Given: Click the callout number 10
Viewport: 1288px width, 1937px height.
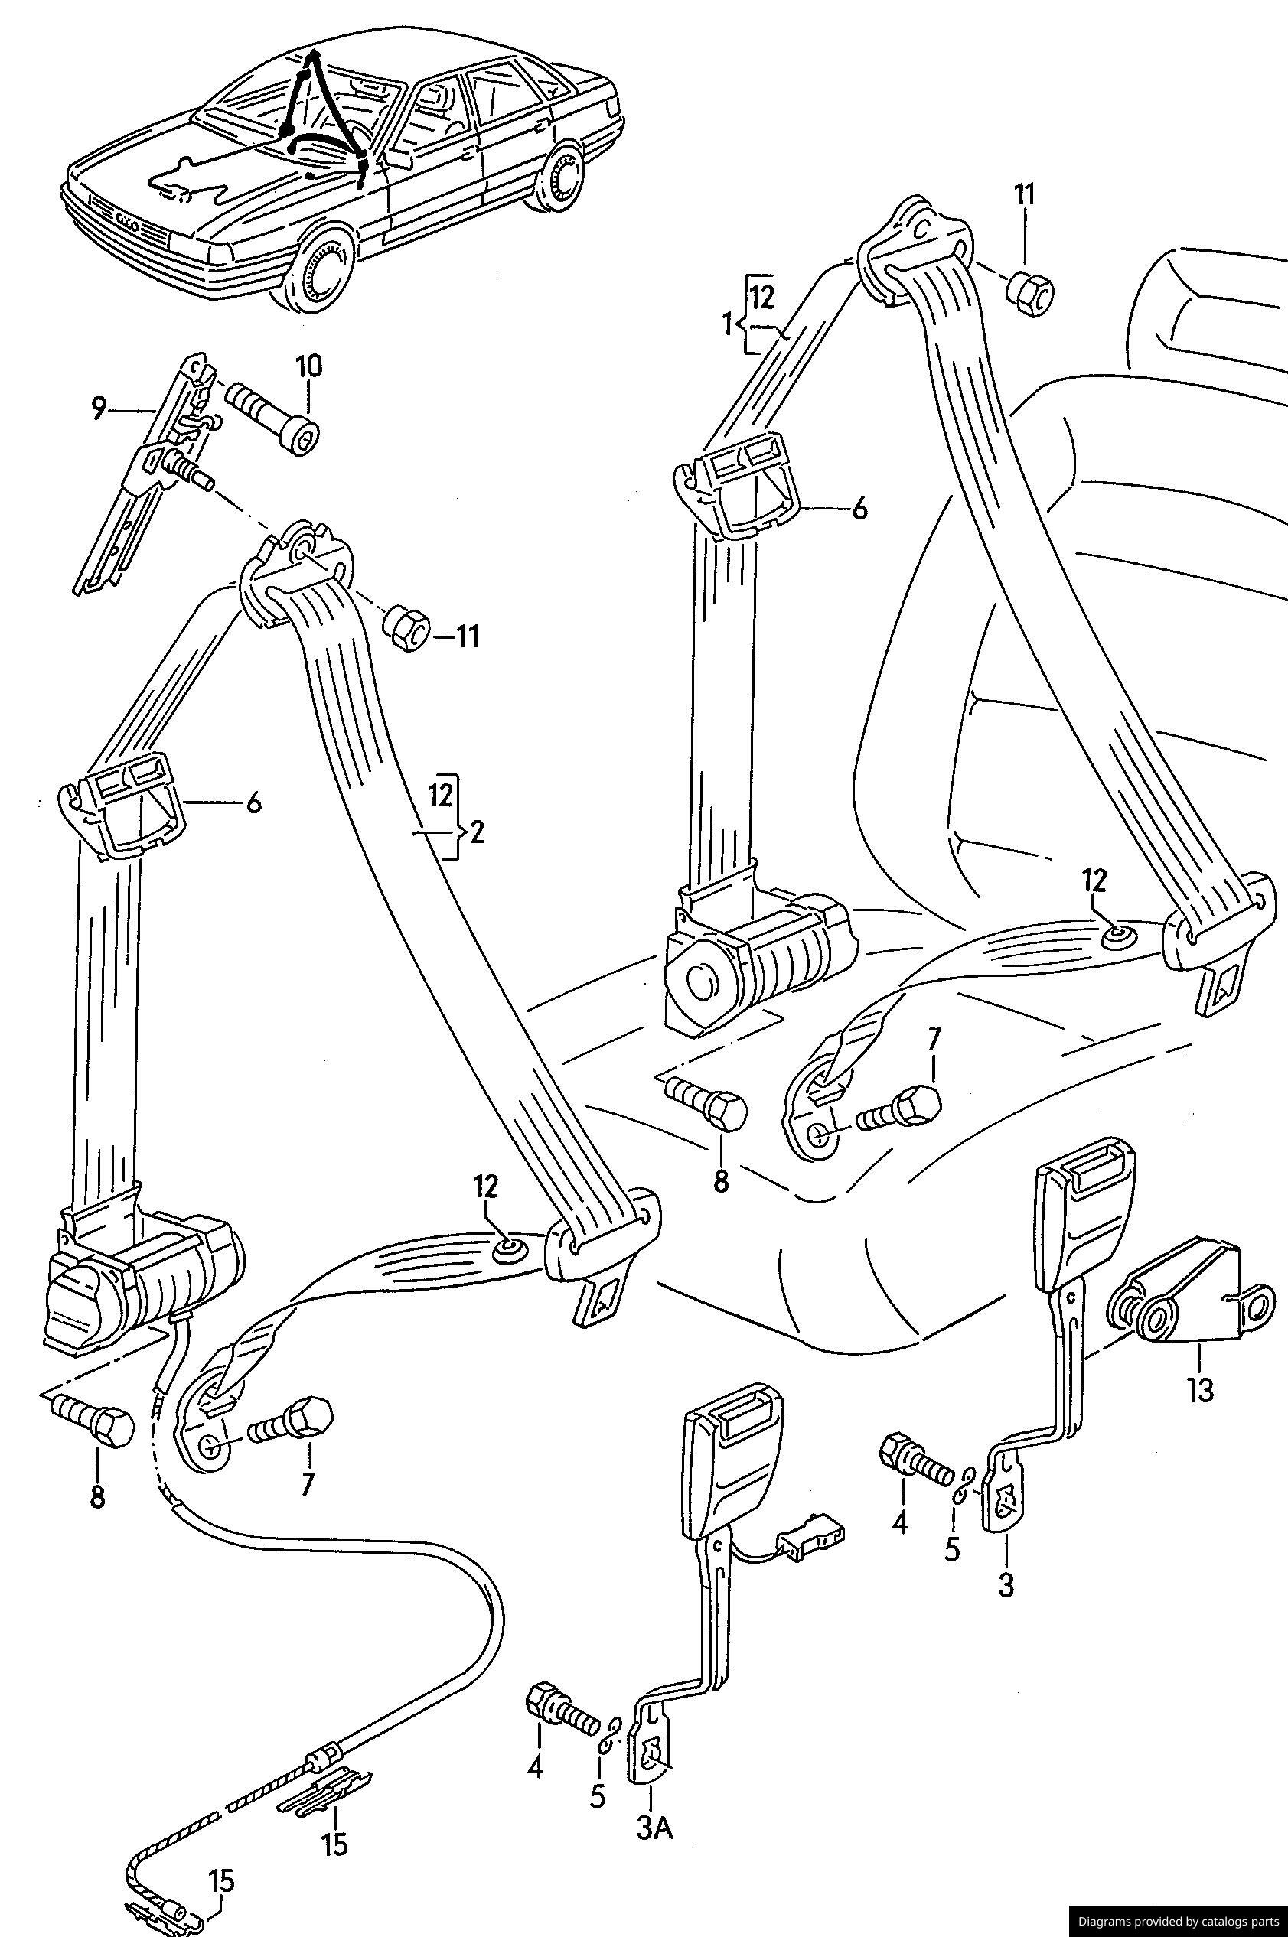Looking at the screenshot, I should pos(310,366).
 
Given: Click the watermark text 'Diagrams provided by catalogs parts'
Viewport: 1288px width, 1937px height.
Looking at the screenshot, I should pos(1176,1922).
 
